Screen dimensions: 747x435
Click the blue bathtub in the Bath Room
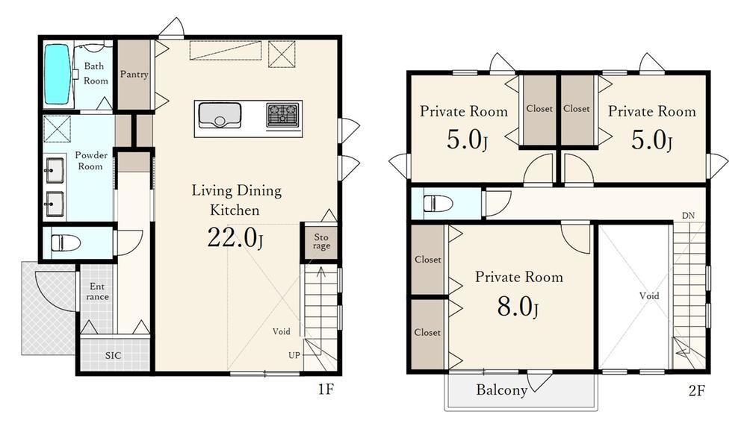(x=58, y=75)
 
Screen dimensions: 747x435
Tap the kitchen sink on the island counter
(x=219, y=116)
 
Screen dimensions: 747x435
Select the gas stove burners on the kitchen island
(x=282, y=115)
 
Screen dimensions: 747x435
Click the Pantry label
(x=134, y=75)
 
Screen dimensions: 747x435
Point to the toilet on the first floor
(x=65, y=242)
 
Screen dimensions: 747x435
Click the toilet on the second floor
(x=438, y=204)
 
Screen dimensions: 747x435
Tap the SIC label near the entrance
(x=114, y=355)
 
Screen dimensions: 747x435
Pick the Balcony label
(x=502, y=390)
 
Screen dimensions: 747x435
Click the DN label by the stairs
(x=688, y=216)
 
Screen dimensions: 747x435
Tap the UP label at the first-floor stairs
(x=294, y=355)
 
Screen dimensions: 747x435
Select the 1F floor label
(x=326, y=389)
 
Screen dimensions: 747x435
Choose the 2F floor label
(x=696, y=391)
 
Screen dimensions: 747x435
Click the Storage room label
(x=321, y=241)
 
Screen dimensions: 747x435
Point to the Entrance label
(x=97, y=291)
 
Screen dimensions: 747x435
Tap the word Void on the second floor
(x=649, y=296)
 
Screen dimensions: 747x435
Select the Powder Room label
(x=90, y=160)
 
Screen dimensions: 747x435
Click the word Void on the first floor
(x=281, y=331)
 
